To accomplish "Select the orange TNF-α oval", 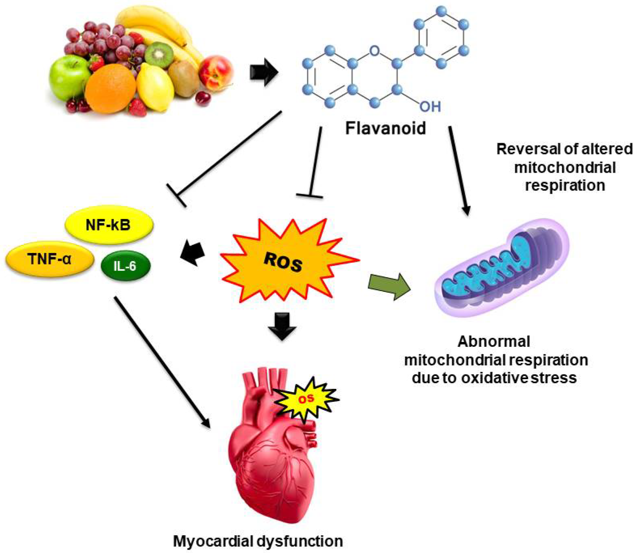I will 49,259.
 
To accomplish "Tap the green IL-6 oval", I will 125,266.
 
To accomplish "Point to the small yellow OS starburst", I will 307,399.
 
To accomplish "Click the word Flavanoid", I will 385,128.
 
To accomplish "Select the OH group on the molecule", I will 429,106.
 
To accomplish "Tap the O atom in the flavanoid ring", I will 375,51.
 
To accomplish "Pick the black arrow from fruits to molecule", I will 264,72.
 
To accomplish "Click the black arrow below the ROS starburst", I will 282,325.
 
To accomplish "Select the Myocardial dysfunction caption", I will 258,541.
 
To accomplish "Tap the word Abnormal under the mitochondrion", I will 493,342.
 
